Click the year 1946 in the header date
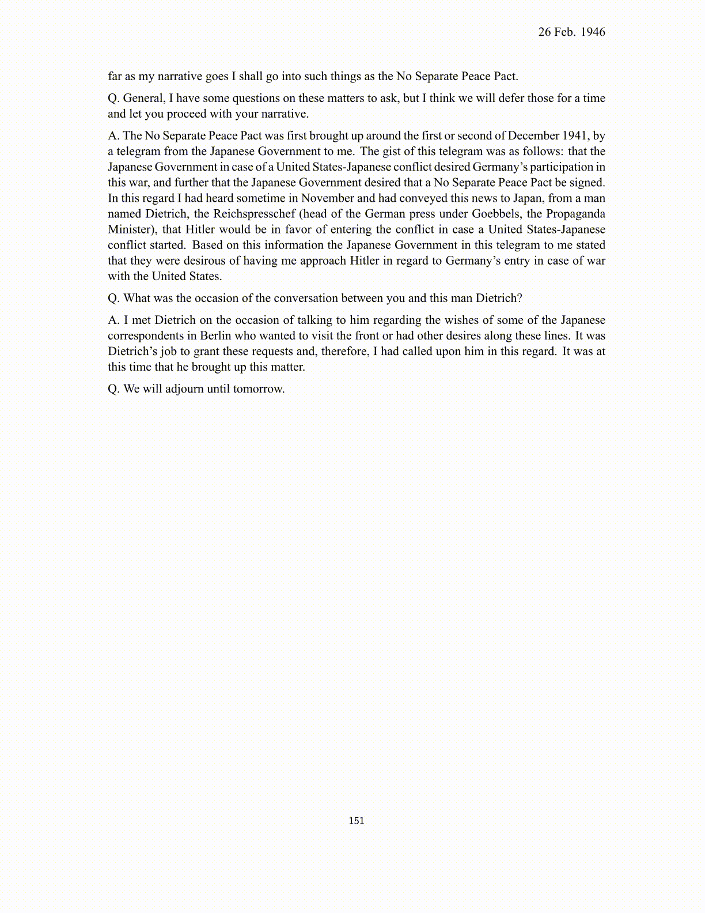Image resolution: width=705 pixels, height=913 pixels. pyautogui.click(x=593, y=32)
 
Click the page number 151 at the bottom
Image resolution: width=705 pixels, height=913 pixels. pyautogui.click(x=357, y=821)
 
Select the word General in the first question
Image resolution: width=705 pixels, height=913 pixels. pyautogui.click(x=143, y=99)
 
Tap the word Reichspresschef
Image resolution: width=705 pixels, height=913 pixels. pyautogui.click(x=254, y=214)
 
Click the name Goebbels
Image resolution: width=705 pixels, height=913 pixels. pyautogui.click(x=495, y=214)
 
